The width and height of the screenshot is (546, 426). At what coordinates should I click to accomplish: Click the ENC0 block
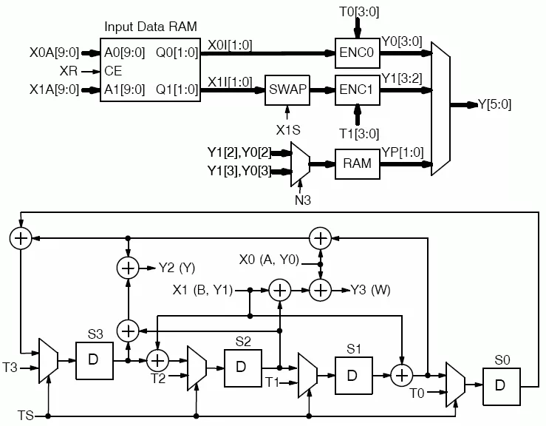pyautogui.click(x=358, y=53)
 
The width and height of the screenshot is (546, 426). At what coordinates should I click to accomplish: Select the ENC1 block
pyautogui.click(x=358, y=90)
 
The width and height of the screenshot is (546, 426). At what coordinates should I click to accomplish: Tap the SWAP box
pyautogui.click(x=287, y=90)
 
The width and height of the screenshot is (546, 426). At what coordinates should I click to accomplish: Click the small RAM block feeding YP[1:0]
pyautogui.click(x=358, y=164)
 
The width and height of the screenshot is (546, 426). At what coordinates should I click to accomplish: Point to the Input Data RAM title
pyautogui.click(x=151, y=27)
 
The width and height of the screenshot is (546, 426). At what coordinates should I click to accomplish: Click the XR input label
pyautogui.click(x=68, y=71)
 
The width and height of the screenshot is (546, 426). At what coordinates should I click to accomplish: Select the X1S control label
pyautogui.click(x=288, y=130)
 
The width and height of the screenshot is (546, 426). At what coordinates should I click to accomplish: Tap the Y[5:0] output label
pyautogui.click(x=494, y=104)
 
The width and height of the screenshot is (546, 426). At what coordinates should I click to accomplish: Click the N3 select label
pyautogui.click(x=303, y=200)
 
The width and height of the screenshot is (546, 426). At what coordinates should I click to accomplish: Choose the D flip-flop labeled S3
pyautogui.click(x=95, y=360)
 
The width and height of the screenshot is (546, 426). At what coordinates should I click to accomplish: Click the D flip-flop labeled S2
pyautogui.click(x=242, y=368)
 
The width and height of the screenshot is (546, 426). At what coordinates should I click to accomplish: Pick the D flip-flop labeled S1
pyautogui.click(x=354, y=376)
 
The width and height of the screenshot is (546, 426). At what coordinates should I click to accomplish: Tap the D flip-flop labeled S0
pyautogui.click(x=502, y=387)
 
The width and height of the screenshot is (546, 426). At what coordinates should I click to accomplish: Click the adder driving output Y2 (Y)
pyautogui.click(x=128, y=268)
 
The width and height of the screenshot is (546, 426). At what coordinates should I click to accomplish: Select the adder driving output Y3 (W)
pyautogui.click(x=321, y=290)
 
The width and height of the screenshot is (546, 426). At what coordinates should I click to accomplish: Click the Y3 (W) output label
pyautogui.click(x=370, y=290)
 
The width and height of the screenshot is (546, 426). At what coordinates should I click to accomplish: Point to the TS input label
pyautogui.click(x=25, y=416)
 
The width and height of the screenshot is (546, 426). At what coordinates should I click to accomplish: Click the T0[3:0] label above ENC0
pyautogui.click(x=359, y=12)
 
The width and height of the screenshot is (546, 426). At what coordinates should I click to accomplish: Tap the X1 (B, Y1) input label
pyautogui.click(x=202, y=290)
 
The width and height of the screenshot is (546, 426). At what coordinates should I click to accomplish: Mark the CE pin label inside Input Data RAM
pyautogui.click(x=113, y=71)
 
